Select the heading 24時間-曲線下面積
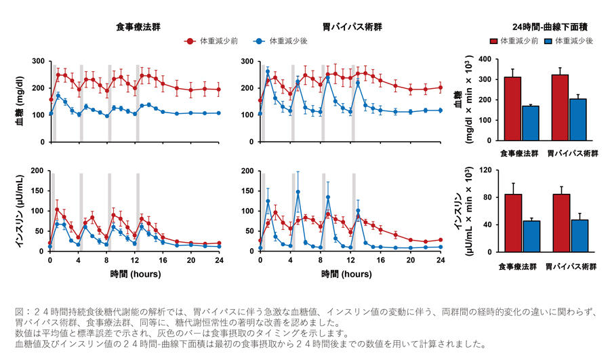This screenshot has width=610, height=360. [x=549, y=27]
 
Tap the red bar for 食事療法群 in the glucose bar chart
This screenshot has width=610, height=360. [x=512, y=108]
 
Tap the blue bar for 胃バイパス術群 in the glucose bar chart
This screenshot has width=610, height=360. [x=578, y=120]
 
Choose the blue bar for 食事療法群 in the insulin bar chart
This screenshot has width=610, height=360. [x=531, y=237]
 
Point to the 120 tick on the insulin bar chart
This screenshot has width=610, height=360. [x=483, y=170]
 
